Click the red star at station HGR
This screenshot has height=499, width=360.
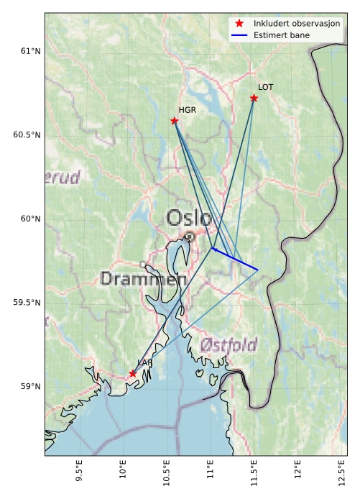click(175, 121)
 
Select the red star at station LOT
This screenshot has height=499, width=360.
click(254, 98)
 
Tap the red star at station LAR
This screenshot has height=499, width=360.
click(133, 373)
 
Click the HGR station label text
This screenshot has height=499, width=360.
click(188, 111)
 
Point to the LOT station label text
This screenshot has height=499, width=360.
click(266, 87)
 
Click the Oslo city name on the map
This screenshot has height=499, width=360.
click(189, 219)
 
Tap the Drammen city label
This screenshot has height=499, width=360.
click(138, 279)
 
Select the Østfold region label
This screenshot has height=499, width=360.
click(229, 344)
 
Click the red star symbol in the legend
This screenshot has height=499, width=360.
click(239, 24)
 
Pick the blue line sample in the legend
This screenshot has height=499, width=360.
click(239, 35)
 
